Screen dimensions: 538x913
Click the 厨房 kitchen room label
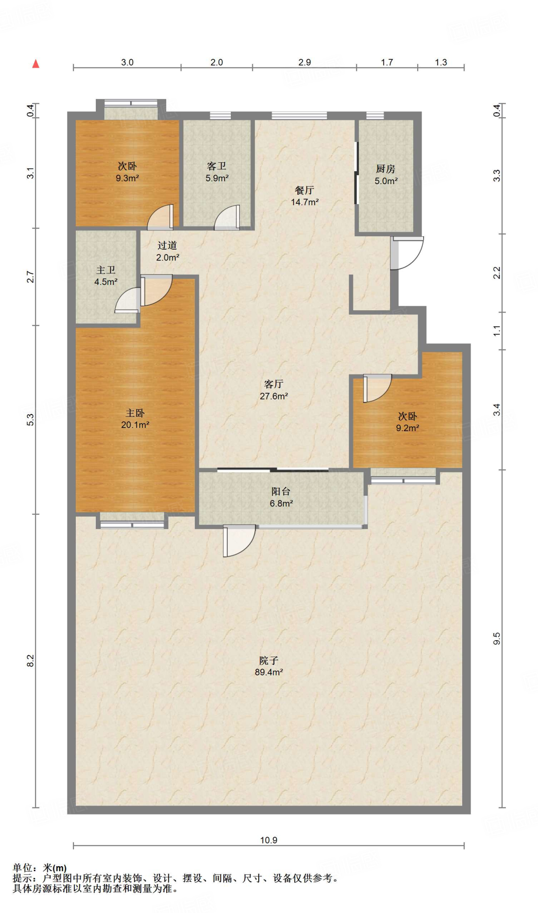click(386, 169)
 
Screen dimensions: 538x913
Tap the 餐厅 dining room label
click(304, 190)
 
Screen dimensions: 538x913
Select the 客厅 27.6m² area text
click(274, 396)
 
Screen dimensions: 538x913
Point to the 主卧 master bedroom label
click(135, 413)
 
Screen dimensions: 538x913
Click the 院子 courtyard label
click(269, 660)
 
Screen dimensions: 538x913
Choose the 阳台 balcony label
click(281, 491)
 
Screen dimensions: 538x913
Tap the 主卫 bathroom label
click(106, 270)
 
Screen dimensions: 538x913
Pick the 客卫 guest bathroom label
click(217, 166)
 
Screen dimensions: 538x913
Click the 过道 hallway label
click(167, 245)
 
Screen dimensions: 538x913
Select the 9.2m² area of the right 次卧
click(407, 428)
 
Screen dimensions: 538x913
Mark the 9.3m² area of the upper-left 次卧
click(127, 178)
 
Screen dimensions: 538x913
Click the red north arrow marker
click(36, 64)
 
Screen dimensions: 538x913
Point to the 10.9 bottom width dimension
click(269, 840)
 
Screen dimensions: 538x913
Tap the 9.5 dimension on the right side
click(497, 639)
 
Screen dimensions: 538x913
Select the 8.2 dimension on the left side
click(30, 660)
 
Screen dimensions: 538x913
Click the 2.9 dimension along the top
click(304, 62)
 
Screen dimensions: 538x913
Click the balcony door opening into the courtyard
click(239, 541)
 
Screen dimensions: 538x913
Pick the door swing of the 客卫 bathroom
click(227, 218)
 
